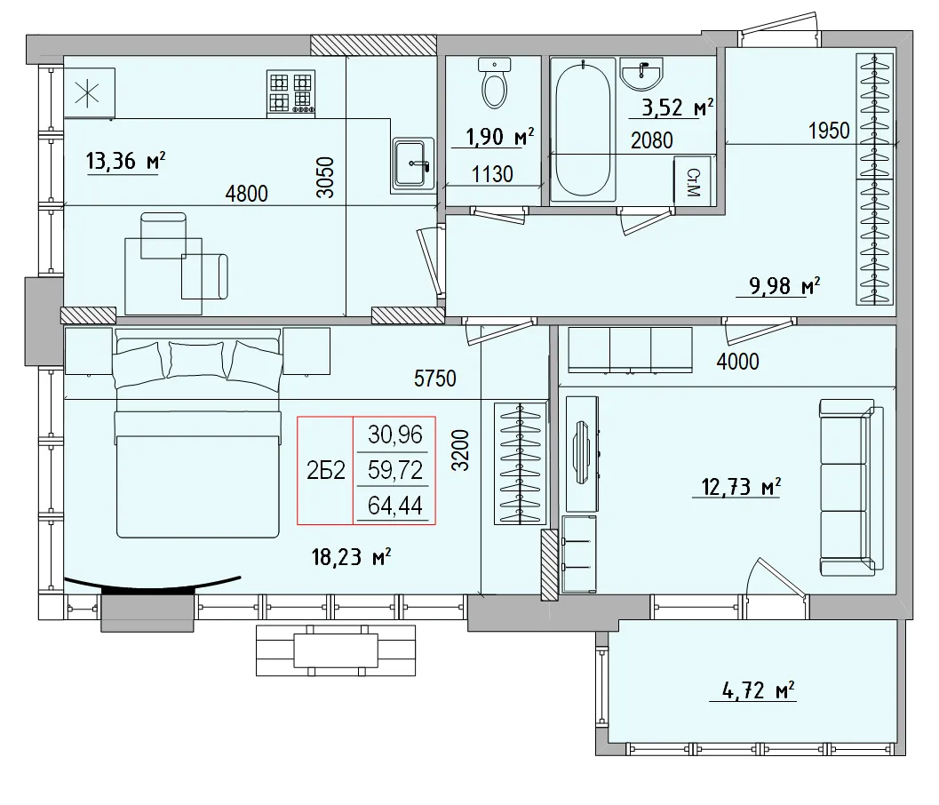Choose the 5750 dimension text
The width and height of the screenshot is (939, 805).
point(434,379)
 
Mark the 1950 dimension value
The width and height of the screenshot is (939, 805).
point(829,130)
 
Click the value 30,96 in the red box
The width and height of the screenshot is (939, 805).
point(394,435)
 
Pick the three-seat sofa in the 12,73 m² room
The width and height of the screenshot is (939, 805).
point(852,487)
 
